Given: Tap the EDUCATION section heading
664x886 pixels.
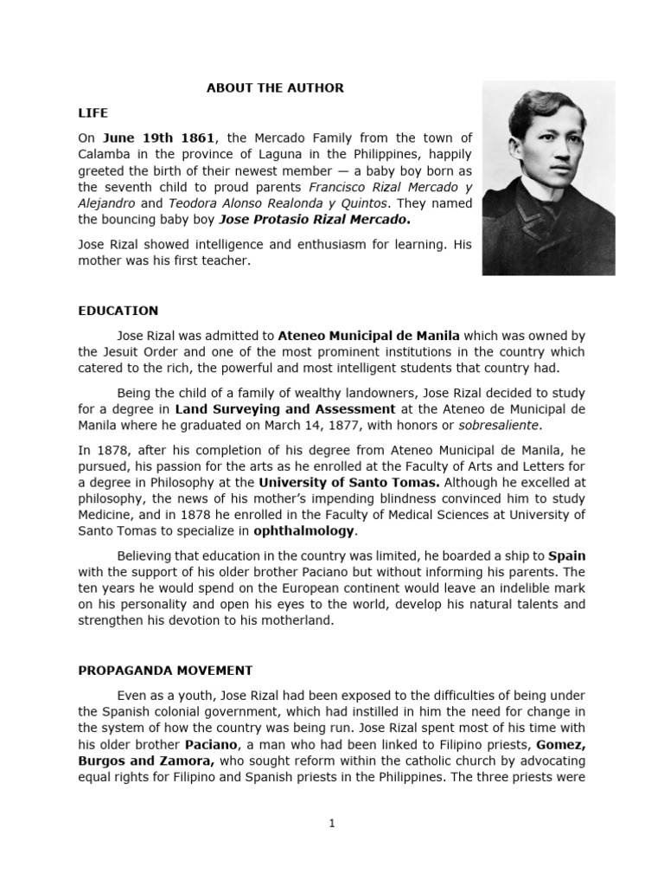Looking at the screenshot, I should [x=118, y=311].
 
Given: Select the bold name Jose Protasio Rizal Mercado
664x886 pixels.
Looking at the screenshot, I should [x=303, y=220].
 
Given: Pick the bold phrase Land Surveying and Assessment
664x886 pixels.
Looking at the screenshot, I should [x=285, y=408].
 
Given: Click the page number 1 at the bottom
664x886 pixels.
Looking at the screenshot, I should [x=331, y=824].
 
